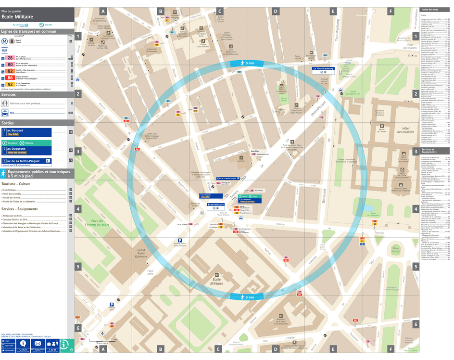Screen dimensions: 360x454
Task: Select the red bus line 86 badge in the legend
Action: pos(10,77)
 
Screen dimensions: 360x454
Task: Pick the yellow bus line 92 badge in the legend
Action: pos(10,84)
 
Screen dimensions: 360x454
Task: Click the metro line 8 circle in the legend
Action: pos(12,41)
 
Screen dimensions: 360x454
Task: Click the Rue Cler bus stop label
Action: pos(254,151)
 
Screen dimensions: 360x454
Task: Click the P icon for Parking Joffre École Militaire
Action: pos(180,240)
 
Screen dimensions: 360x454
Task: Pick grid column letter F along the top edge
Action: pos(391,11)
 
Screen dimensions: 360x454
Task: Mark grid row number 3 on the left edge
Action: pos(78,151)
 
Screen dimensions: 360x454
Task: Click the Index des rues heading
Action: pos(429,10)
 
